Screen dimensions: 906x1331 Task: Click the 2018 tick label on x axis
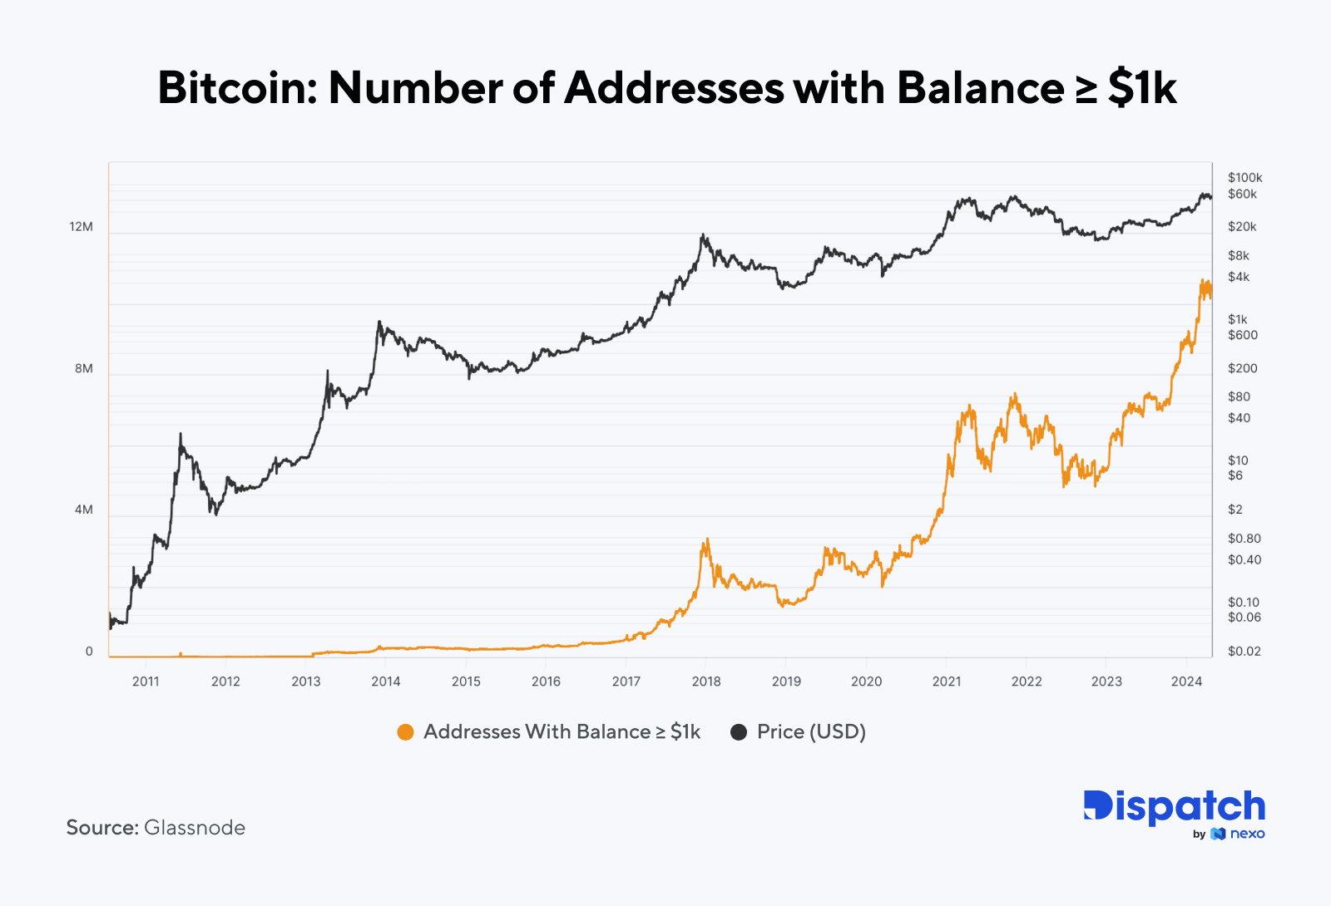point(706,682)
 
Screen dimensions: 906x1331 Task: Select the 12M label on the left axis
point(81,227)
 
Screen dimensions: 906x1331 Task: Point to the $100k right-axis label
point(1244,178)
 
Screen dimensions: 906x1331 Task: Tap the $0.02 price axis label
point(1244,652)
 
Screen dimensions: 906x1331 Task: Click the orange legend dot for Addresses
point(405,732)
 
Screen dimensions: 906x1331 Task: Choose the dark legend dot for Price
point(738,732)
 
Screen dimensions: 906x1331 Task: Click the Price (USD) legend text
point(811,732)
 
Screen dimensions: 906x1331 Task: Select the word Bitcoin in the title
point(237,88)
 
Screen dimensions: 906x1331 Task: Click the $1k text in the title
point(1142,88)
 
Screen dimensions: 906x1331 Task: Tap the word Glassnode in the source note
point(195,828)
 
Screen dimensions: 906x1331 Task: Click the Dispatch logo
point(1174,806)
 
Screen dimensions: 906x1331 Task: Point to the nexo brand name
point(1247,834)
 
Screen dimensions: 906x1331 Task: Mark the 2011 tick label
point(146,682)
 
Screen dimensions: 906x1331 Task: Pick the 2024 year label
point(1186,682)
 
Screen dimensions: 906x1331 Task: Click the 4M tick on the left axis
point(83,510)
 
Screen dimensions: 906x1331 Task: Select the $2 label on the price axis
point(1235,510)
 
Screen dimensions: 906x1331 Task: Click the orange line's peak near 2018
point(706,539)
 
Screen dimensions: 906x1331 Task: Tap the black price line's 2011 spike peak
point(181,434)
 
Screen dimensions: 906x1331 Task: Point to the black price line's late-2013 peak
point(379,322)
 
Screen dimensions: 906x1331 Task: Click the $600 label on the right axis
point(1243,336)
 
